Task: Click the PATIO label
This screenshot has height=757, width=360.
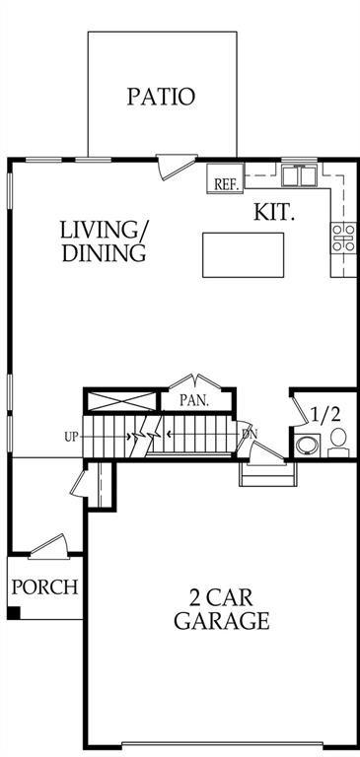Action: tap(162, 97)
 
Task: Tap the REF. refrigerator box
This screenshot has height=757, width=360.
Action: tap(225, 179)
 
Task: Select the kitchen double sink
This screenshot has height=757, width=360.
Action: tap(300, 175)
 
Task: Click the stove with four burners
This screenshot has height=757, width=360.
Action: tap(343, 238)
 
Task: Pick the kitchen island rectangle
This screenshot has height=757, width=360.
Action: tap(243, 255)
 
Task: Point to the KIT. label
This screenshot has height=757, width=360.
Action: tap(274, 213)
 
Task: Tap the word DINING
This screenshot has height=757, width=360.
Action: tap(104, 252)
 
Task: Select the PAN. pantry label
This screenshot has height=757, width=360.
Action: tap(194, 401)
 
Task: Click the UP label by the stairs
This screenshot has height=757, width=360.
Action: tap(71, 437)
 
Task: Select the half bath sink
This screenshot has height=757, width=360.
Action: tap(308, 445)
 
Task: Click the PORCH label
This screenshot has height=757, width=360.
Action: tap(44, 587)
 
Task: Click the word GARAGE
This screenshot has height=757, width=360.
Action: tap(222, 620)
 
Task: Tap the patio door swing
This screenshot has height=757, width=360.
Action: tap(177, 167)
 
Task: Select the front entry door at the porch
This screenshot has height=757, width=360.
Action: tap(48, 547)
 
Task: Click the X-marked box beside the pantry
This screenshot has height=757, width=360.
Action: tap(122, 402)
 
